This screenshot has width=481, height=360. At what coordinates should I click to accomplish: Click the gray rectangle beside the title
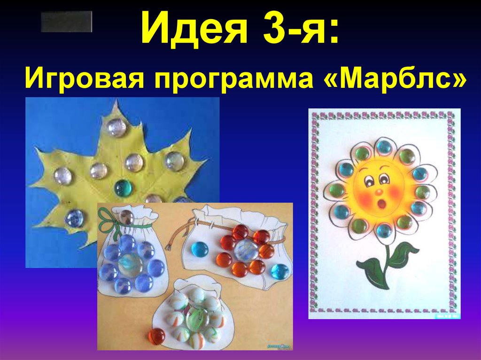coord(66,22)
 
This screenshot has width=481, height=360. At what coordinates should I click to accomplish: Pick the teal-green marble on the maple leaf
coord(124,188)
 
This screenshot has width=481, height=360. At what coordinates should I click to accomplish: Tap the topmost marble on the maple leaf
coord(116,127)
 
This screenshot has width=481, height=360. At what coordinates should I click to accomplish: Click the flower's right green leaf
coord(403,253)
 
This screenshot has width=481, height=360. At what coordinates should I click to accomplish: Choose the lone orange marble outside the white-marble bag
coord(156,336)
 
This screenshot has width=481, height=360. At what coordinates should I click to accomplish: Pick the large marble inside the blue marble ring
coord(130,265)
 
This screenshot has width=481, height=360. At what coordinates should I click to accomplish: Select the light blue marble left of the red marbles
coord(200,249)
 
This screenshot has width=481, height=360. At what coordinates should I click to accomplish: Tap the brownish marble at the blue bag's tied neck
coord(126,216)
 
